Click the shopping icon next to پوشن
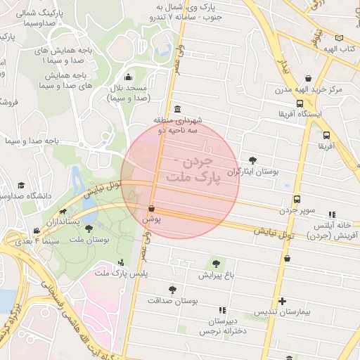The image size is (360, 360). click(x=152, y=208)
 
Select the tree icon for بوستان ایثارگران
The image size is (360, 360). click(x=253, y=160)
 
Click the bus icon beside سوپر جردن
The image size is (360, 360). click(x=297, y=199)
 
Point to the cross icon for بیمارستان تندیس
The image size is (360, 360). click(x=282, y=302)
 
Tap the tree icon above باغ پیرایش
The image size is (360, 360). click(x=214, y=264)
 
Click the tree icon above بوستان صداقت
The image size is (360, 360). click(x=172, y=289)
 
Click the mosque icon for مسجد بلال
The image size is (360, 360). click(x=127, y=77)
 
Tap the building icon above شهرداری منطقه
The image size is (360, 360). click(x=175, y=110)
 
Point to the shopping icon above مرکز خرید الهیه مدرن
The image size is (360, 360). click(x=308, y=79)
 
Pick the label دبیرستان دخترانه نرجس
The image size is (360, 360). click(x=222, y=325)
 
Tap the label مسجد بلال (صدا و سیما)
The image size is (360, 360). click(x=129, y=94)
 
